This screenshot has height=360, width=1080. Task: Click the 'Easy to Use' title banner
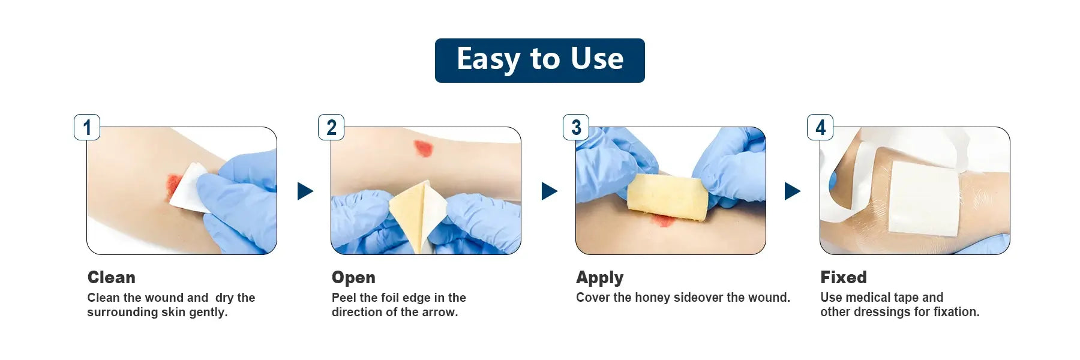540,61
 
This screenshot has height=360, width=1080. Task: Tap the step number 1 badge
87,127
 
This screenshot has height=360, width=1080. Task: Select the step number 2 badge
331,127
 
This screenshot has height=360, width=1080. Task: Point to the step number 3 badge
576,127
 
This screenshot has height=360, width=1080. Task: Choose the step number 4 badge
820,127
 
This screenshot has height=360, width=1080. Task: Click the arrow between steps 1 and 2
305,191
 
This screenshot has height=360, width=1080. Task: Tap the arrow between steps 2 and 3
549,191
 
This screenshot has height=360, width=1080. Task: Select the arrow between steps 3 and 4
792,191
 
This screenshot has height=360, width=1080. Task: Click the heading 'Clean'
112,277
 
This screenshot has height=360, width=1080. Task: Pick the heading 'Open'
353,278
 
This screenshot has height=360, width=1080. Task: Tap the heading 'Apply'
600,278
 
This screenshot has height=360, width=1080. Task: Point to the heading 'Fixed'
844,277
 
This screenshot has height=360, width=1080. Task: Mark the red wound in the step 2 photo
423,148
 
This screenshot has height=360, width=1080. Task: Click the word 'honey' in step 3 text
653,298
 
